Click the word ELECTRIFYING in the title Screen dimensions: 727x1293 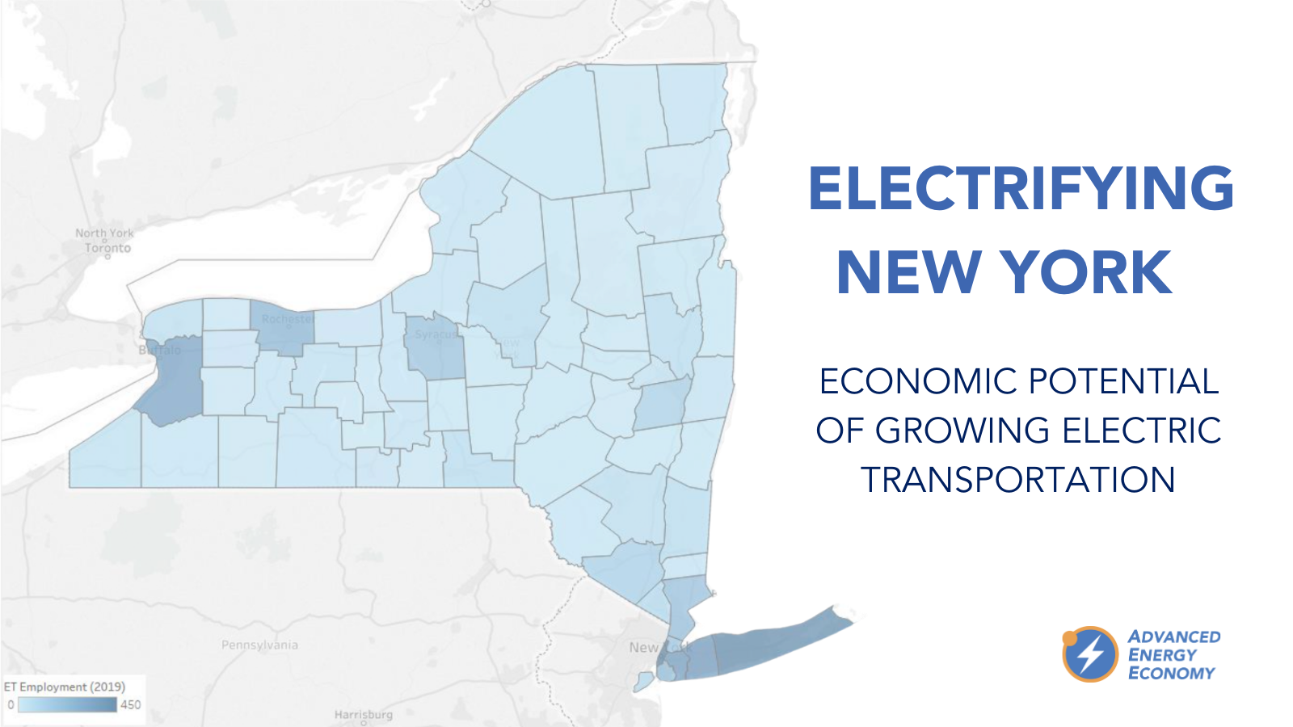pyautogui.click(x=1021, y=188)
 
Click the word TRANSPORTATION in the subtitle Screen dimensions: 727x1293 pyautogui.click(x=1017, y=480)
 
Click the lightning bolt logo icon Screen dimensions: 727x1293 pyautogui.click(x=1090, y=654)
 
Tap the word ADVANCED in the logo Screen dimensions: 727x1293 pyautogui.click(x=1174, y=637)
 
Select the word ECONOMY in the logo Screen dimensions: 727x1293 pyautogui.click(x=1171, y=673)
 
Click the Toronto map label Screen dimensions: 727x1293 pyautogui.click(x=107, y=248)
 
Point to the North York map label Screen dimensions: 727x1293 pyautogui.click(x=104, y=233)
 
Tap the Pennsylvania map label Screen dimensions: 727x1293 pyautogui.click(x=259, y=645)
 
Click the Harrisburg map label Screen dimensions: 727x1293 pyautogui.click(x=363, y=714)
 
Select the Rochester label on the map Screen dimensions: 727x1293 pyautogui.click(x=287, y=319)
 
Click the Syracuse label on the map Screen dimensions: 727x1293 pyautogui.click(x=436, y=334)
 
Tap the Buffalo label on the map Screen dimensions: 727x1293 pyautogui.click(x=160, y=350)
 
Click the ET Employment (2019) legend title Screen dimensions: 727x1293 pyautogui.click(x=65, y=687)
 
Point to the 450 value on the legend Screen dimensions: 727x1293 pyautogui.click(x=130, y=704)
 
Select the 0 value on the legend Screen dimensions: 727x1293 pyautogui.click(x=11, y=704)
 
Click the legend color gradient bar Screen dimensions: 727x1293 pyautogui.click(x=67, y=704)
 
